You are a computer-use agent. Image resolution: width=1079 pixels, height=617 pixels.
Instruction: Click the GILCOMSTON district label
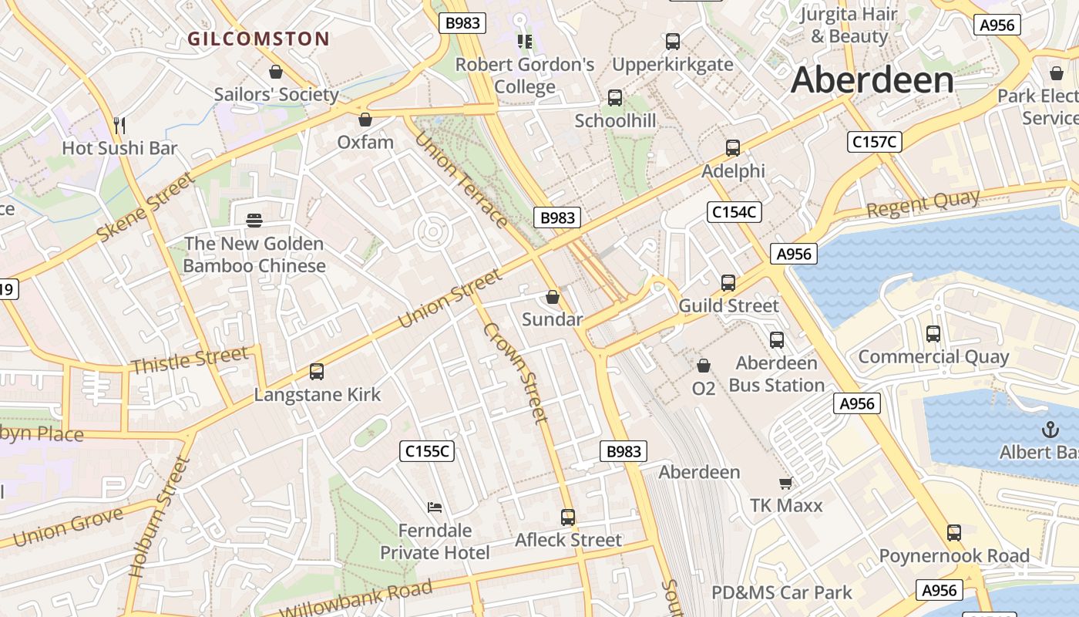pos(259,39)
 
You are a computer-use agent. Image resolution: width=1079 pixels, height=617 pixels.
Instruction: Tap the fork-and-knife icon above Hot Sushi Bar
pos(119,125)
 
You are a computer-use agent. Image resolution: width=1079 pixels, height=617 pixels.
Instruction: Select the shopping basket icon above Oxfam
pos(365,120)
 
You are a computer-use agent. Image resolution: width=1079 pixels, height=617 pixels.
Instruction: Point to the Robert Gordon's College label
pos(525,76)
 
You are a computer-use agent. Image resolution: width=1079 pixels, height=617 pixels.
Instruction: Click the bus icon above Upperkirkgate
pos(673,42)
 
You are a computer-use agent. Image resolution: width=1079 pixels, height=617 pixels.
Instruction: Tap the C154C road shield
pos(734,212)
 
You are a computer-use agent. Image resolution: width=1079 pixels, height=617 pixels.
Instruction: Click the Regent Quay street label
pos(923,203)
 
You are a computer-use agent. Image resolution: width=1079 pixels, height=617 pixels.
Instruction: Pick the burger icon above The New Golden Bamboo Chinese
pos(254,221)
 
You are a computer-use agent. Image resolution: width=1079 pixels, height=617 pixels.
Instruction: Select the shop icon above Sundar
pos(553,297)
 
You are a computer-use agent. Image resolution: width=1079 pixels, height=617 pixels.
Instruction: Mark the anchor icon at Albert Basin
pos(1050,430)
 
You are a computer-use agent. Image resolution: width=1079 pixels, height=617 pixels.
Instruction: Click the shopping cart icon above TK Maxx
pos(785,483)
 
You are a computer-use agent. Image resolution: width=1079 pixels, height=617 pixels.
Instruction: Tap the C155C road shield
pos(427,451)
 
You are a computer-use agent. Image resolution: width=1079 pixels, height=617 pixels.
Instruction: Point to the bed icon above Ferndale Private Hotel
pos(435,507)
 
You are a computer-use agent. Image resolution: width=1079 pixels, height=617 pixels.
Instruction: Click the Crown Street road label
pos(516,373)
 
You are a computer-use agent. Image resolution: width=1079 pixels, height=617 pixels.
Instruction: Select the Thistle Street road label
pos(190,359)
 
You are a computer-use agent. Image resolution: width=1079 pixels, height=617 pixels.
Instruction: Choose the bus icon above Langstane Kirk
pos(316,372)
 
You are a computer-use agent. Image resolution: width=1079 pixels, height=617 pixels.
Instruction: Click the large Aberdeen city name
pos(872,80)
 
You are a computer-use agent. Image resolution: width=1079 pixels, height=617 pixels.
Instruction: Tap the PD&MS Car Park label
pos(782,592)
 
